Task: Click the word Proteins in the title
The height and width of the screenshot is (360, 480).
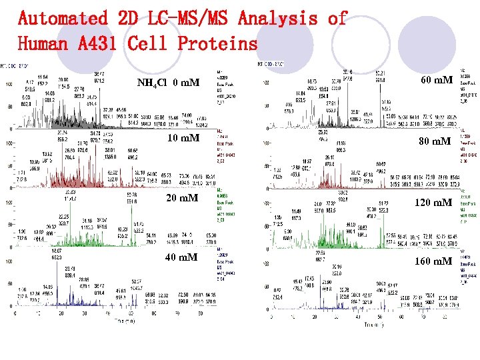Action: coord(217,44)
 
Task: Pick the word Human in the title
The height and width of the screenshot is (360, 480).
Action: coord(41,44)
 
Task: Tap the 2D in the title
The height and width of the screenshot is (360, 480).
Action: coord(128,18)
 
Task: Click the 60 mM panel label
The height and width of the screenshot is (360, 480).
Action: coord(437,81)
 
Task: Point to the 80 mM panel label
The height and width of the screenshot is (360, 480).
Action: coord(436,141)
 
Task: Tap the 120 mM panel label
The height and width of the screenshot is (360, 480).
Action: coord(433,202)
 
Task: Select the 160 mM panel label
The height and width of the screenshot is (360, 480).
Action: coord(433,261)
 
